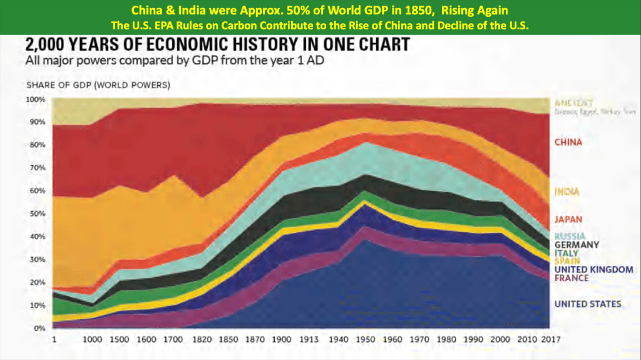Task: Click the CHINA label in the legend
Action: point(568,142)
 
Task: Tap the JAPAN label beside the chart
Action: point(567,219)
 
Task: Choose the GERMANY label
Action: point(577,245)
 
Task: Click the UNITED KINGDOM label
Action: point(593,269)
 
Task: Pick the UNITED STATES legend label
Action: point(588,304)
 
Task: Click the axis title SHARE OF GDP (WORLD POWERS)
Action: point(98,84)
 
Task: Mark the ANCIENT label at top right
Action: point(573,103)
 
